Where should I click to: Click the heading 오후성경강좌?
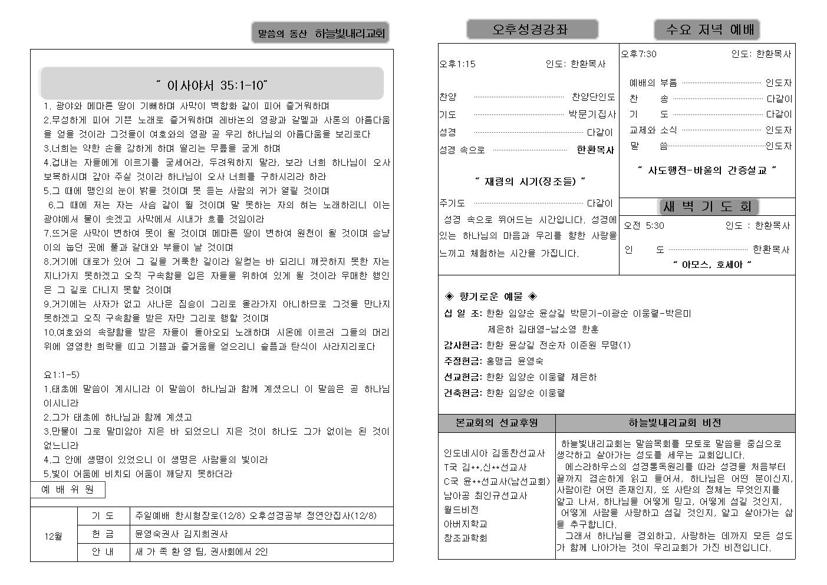tap(532, 29)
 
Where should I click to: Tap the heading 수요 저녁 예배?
tap(707, 29)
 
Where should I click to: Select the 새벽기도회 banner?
tap(707, 206)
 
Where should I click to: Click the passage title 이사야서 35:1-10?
tap(212, 85)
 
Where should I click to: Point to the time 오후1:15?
tap(457, 64)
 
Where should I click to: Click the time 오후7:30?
tap(638, 54)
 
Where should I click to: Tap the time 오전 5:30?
tap(644, 225)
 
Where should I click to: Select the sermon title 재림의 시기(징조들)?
tap(530, 181)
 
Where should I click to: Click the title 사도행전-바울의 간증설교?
tap(707, 170)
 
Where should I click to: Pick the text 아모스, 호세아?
tap(711, 265)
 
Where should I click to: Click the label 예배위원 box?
tap(68, 489)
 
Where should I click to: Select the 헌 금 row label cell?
tap(103, 534)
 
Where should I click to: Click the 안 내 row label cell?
tap(103, 552)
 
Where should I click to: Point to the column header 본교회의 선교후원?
tap(496, 423)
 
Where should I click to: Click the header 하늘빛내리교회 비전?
tap(674, 423)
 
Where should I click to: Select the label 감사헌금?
tap(463, 345)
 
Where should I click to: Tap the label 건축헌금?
tap(463, 393)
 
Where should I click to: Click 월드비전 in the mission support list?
tap(461, 510)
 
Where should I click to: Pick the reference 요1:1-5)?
tap(62, 374)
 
